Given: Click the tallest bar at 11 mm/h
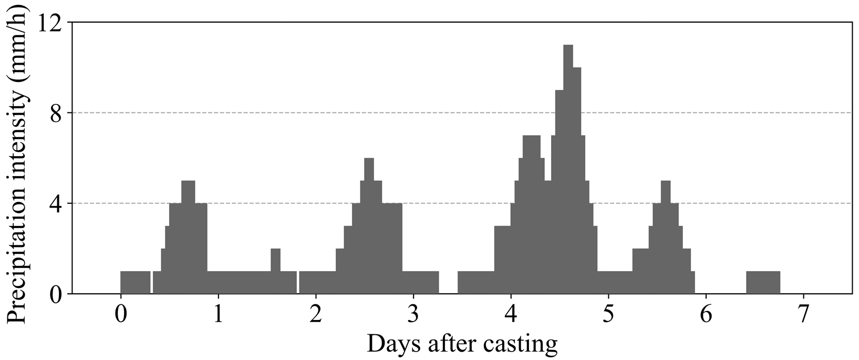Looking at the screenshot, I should (568, 168).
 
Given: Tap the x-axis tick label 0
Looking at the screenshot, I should (121, 315).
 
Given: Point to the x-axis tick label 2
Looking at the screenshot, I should (316, 315).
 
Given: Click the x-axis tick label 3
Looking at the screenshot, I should (413, 315).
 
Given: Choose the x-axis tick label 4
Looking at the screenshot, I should (511, 315).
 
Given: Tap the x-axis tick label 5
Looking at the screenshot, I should (608, 315).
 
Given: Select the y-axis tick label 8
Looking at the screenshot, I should (56, 114).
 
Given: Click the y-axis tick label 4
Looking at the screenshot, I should (56, 204).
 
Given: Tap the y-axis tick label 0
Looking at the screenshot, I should (56, 294).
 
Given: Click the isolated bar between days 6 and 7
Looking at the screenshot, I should (763, 283).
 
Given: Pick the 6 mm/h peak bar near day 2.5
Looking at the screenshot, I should (369, 226).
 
